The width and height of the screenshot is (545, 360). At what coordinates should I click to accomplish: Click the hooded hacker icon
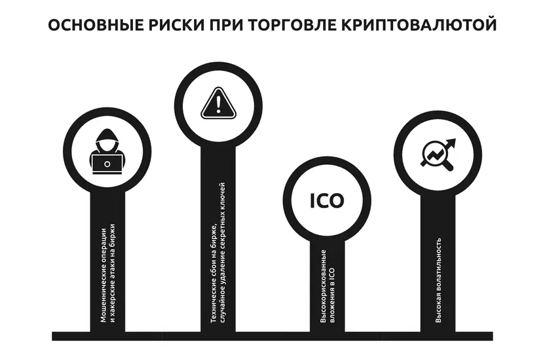(x=105, y=152)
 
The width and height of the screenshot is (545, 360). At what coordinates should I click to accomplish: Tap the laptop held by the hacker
(x=105, y=163)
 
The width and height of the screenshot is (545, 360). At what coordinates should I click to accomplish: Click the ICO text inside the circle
(x=326, y=201)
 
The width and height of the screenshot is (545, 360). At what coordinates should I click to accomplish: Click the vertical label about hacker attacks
(x=106, y=275)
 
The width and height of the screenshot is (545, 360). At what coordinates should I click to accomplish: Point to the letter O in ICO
(x=336, y=201)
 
